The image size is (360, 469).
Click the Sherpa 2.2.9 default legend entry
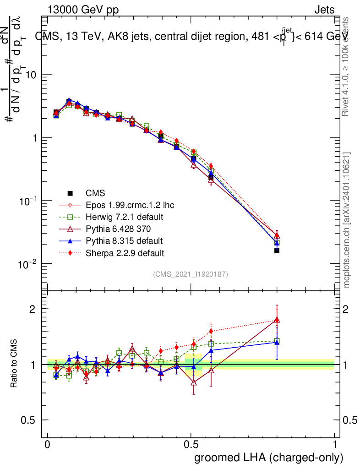[125, 252]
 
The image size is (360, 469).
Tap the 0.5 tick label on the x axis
[191, 445]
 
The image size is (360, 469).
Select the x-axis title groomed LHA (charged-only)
[269, 458]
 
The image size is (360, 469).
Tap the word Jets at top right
[324, 10]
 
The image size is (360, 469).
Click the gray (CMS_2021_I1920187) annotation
[191, 274]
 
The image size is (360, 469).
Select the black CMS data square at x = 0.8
[277, 251]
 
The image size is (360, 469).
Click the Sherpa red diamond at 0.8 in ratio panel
[277, 319]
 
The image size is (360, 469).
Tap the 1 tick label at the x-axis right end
[335, 445]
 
